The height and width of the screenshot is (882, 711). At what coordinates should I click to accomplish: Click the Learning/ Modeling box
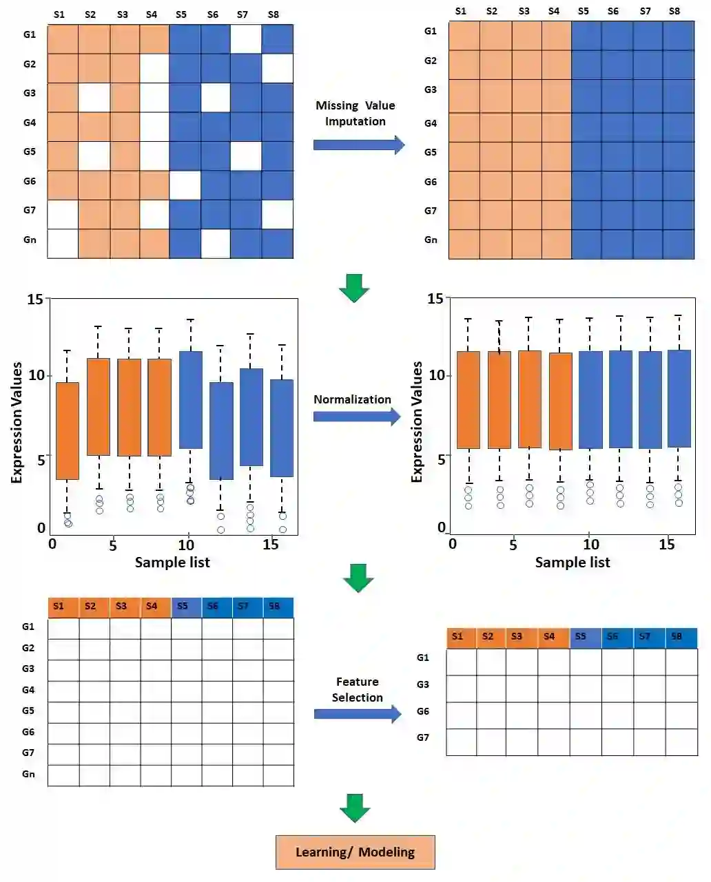coord(355,852)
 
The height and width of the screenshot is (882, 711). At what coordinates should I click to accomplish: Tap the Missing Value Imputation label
coord(355,114)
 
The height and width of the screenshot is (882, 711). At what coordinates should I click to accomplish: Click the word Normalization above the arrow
coord(352,399)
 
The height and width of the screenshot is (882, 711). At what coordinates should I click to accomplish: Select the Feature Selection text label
coord(357,689)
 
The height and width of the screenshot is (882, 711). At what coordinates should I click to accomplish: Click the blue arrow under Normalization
coord(356,417)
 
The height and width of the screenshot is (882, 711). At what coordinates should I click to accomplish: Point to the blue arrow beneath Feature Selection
coord(357,714)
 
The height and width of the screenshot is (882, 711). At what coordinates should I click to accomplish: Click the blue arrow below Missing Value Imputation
coord(358,145)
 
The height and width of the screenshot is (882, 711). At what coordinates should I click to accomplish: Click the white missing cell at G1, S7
coord(246,39)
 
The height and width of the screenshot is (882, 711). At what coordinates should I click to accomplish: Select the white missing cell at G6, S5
coord(185,185)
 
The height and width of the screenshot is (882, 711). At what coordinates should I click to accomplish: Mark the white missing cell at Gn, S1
coord(63,244)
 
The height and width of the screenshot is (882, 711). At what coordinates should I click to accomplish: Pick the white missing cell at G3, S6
coord(215,98)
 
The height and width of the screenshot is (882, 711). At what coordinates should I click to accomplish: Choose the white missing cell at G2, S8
coord(277,68)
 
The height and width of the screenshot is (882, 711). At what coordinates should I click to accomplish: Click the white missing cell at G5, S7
coord(246,156)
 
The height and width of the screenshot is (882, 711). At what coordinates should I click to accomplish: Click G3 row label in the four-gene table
coord(422,684)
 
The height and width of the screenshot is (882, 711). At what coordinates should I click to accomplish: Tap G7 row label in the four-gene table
coord(422,737)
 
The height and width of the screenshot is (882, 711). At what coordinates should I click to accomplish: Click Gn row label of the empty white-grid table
coord(28,774)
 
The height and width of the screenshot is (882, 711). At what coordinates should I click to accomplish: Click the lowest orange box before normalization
coord(68,431)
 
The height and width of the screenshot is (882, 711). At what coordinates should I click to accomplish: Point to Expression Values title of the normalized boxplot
coord(417,421)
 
